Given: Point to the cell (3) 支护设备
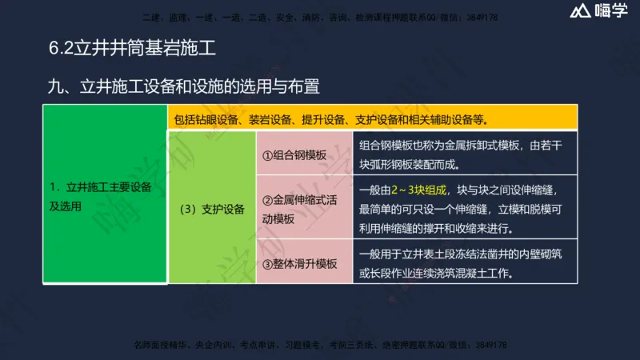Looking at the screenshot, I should (x=212, y=209).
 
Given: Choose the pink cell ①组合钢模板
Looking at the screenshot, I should (x=294, y=156).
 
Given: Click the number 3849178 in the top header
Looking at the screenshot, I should (x=480, y=17).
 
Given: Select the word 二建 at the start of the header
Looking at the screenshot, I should (x=150, y=17).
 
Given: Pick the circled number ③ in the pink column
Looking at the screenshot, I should (x=268, y=263).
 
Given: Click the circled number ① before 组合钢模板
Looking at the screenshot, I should (x=268, y=156).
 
